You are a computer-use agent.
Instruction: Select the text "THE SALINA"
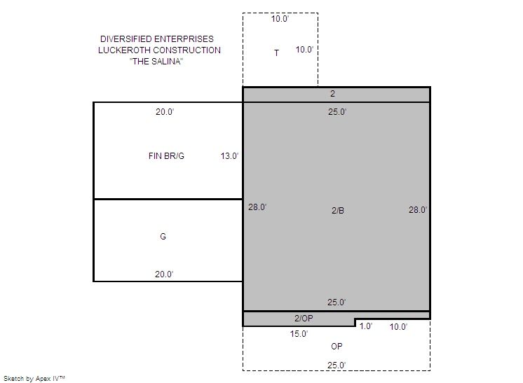point(156,62)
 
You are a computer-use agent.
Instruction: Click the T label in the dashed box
point(276,53)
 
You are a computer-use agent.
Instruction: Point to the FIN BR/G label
point(166,156)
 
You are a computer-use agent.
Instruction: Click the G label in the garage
point(163,237)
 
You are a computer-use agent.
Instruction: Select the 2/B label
point(337,211)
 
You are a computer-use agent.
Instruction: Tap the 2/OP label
point(304,319)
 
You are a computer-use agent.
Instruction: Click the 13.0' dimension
point(229,156)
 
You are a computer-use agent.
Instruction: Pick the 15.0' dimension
point(299,334)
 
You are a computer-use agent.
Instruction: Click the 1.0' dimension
point(366,326)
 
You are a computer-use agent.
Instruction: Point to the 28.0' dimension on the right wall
point(418,210)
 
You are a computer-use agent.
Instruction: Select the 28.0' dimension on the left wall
point(257,207)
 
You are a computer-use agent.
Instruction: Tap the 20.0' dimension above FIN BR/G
point(165,112)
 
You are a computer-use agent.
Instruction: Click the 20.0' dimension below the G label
point(164,274)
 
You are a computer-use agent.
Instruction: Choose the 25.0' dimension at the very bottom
point(337,365)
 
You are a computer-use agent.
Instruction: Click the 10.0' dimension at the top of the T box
point(280,19)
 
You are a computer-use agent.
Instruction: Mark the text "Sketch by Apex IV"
point(34,379)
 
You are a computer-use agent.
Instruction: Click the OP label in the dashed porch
point(337,347)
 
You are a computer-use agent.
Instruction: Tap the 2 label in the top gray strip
point(332,94)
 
